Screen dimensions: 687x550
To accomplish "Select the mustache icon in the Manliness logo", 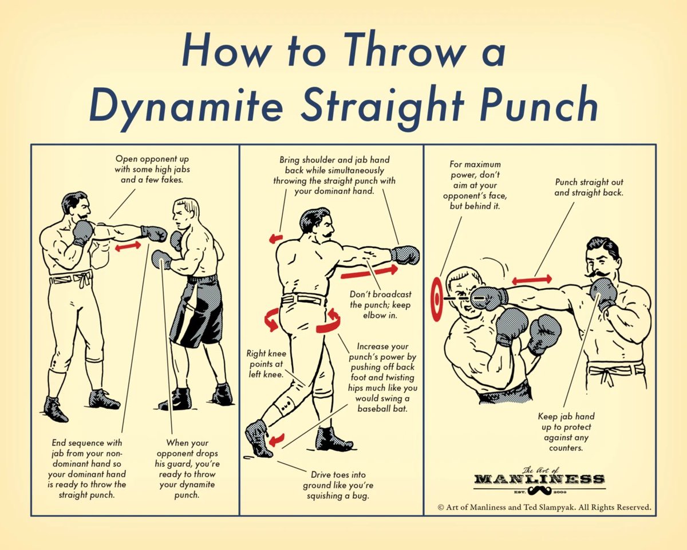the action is (x=539, y=490).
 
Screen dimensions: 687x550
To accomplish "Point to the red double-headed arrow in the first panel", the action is (x=128, y=246).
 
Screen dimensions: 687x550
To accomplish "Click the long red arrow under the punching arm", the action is (x=369, y=272).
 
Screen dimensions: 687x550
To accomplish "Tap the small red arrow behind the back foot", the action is (x=276, y=440).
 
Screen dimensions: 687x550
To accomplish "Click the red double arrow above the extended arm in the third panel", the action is (x=532, y=280).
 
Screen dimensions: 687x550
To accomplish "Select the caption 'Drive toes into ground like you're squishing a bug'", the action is (x=338, y=485).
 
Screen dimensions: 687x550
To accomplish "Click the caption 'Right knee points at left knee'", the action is (x=266, y=364).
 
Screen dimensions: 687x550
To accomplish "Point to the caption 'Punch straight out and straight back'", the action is (x=589, y=187).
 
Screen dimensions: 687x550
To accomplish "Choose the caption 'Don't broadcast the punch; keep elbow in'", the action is (x=380, y=305).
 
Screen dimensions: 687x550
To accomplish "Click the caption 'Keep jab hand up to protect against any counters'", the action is (x=566, y=432).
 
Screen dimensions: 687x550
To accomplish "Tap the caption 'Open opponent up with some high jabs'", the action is (x=152, y=169).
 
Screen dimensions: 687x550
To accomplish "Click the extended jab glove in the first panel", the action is (x=154, y=234).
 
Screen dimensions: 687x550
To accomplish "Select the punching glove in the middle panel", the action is (x=405, y=255).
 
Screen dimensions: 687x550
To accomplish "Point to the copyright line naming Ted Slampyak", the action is (x=544, y=507).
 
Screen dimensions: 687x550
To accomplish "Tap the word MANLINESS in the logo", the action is (x=539, y=479).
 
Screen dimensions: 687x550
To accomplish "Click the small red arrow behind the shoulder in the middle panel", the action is (x=276, y=238).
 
